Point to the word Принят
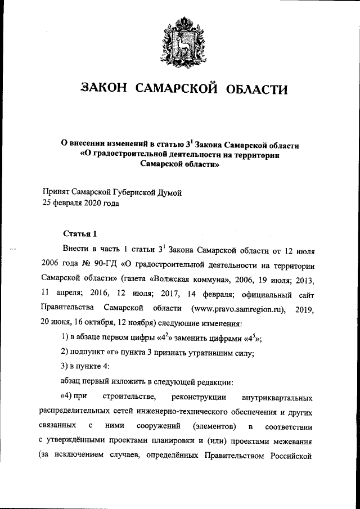[x=58, y=192]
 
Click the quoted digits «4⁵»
[x=249, y=338]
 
